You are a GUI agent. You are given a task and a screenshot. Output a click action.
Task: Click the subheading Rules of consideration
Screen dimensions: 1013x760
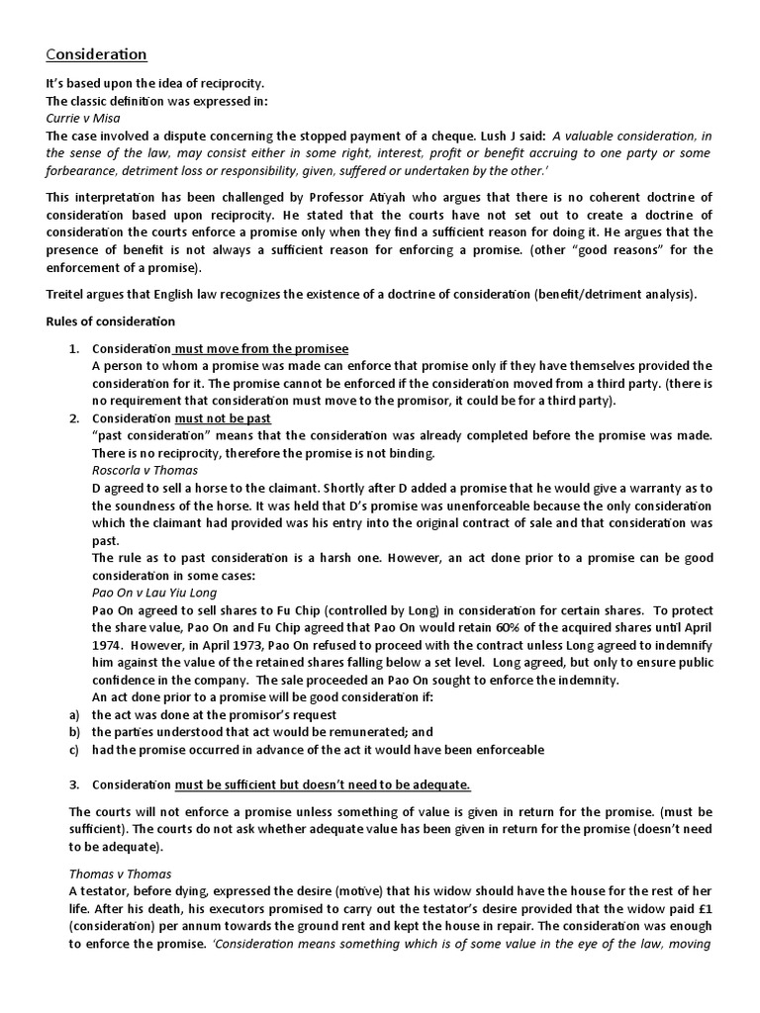click(111, 321)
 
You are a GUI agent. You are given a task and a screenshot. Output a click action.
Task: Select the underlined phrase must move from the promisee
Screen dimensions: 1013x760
click(262, 348)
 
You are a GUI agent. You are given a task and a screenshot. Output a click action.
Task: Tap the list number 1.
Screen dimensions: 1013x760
click(74, 348)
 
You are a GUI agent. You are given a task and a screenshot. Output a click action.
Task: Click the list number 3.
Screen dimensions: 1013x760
click(74, 784)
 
